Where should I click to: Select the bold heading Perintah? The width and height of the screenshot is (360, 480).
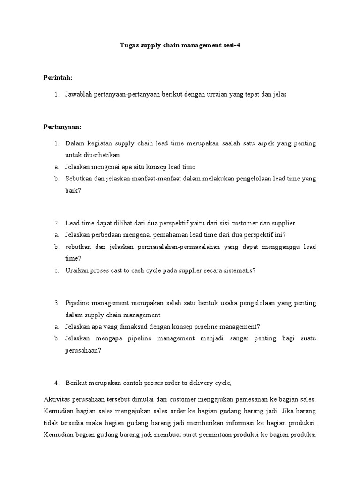tap(58, 77)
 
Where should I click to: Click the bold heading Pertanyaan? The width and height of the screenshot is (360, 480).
tap(62, 127)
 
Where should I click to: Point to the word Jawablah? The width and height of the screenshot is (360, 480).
tap(79, 94)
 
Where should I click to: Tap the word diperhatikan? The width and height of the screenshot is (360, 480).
tap(93, 155)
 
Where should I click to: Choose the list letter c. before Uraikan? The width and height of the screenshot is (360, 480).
tap(56, 270)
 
